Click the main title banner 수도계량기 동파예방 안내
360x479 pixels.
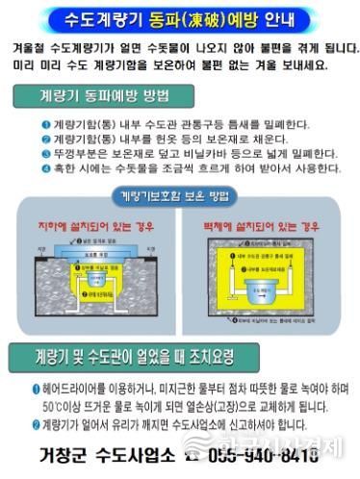click(x=179, y=18)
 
